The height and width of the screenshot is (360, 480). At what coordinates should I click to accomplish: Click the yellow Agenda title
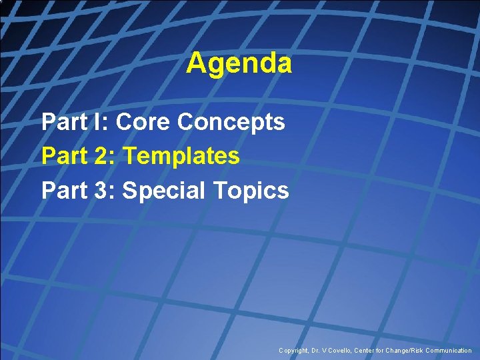pos(239,64)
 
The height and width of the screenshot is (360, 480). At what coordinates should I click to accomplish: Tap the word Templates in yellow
pos(181,156)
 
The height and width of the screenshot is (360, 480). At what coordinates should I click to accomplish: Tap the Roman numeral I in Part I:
pos(99,122)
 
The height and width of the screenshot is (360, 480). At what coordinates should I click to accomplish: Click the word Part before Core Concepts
pos(64,122)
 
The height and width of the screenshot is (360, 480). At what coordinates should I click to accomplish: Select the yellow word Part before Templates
pos(64,156)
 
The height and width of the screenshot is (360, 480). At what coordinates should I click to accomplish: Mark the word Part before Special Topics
pos(64,191)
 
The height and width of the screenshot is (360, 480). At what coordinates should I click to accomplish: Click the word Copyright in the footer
pos(294,351)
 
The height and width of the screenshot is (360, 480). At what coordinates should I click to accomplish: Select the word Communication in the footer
pos(448,351)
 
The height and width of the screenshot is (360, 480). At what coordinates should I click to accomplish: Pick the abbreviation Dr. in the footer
pos(317,351)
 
